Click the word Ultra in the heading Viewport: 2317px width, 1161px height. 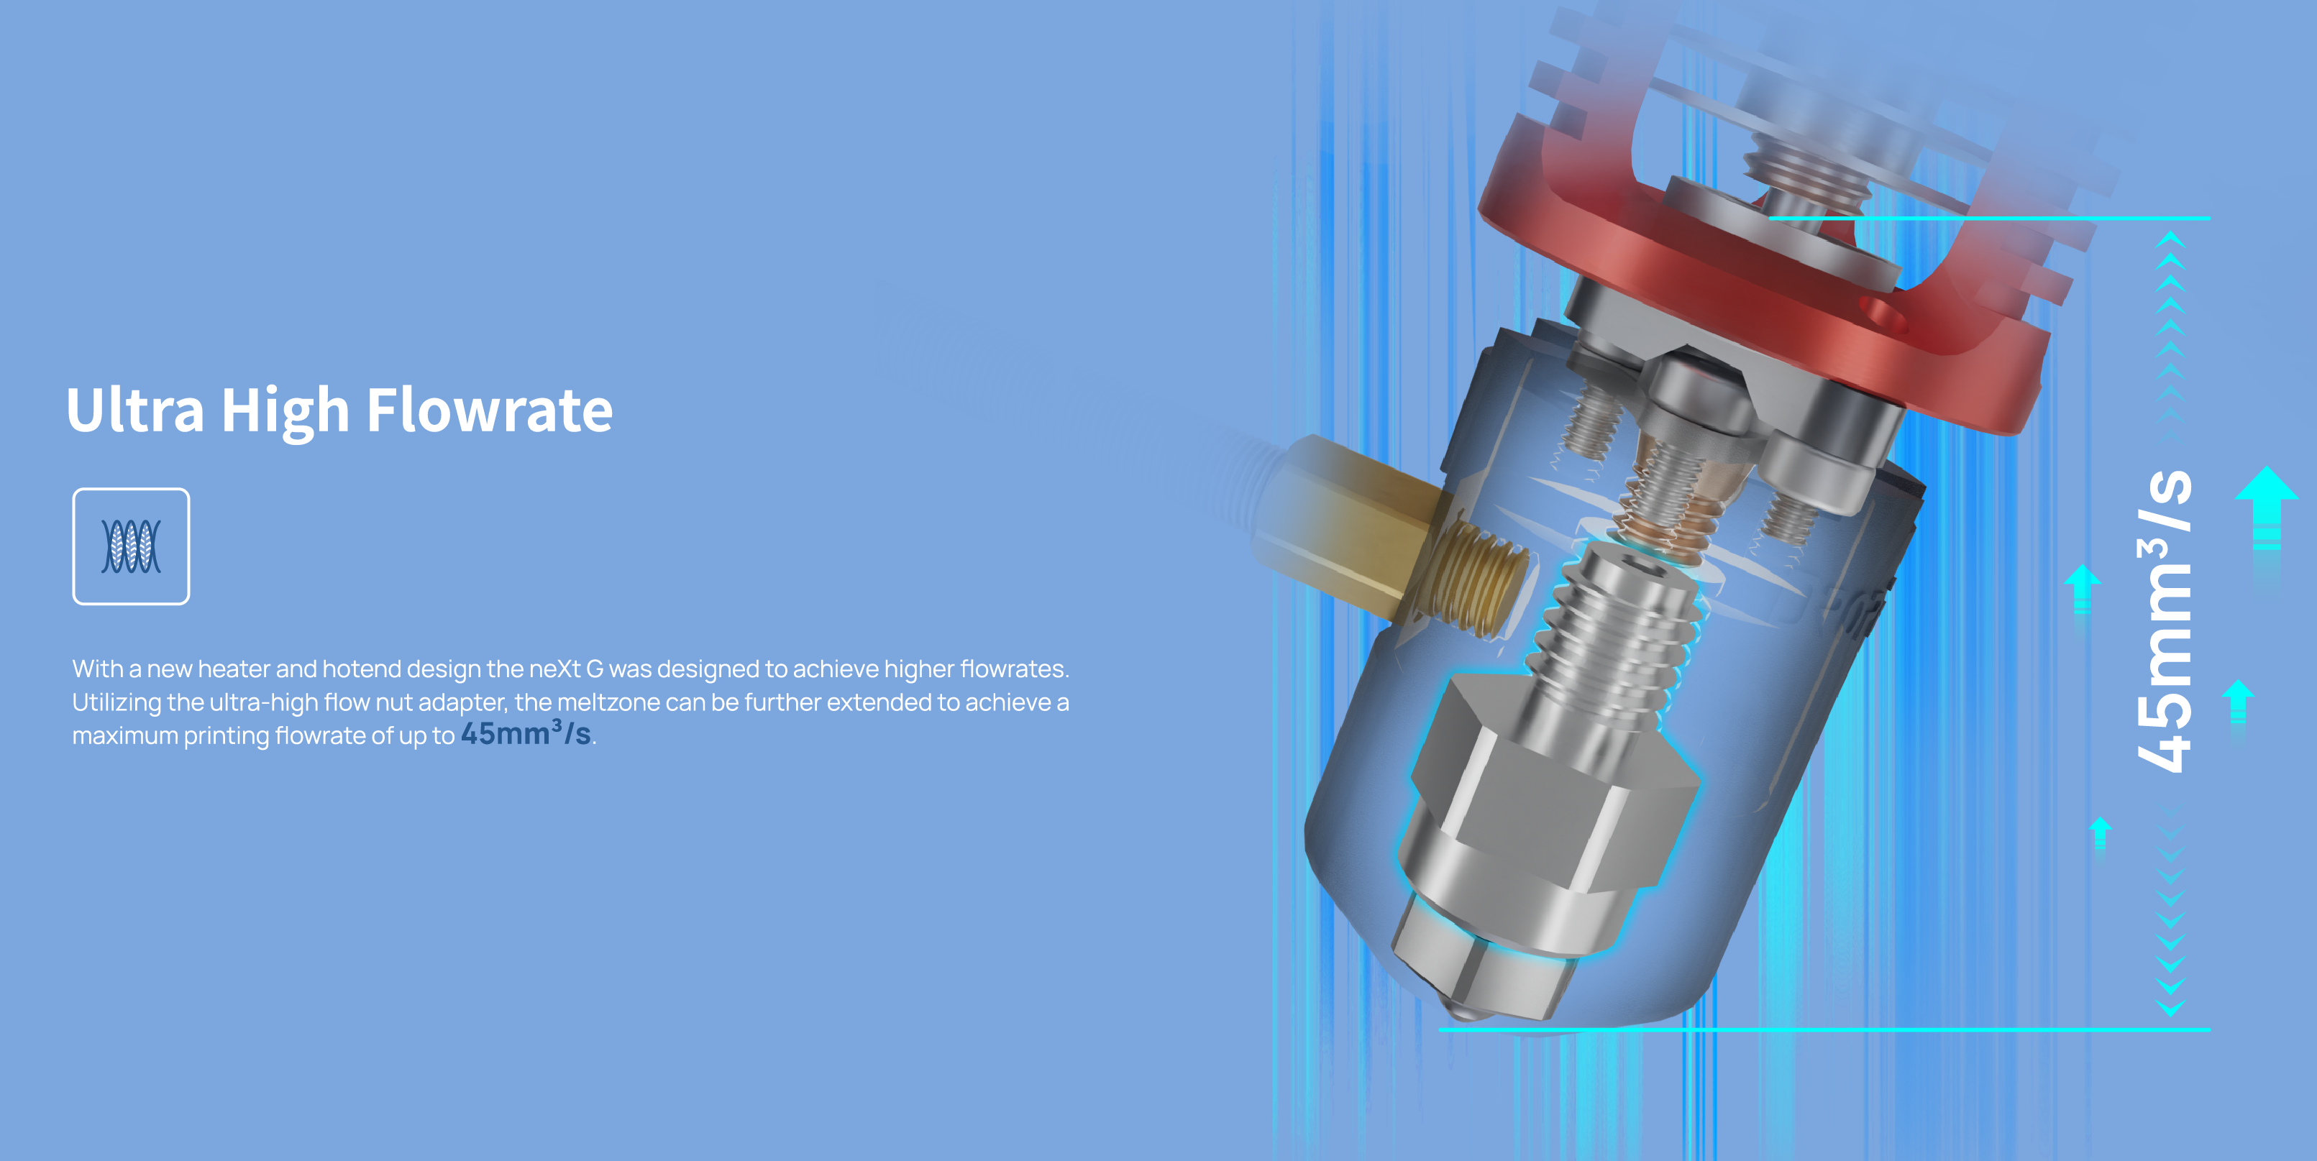[135, 410]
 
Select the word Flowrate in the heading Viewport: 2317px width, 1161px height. [490, 410]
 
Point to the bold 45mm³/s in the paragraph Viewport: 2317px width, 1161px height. [526, 733]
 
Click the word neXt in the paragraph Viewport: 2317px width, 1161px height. [554, 669]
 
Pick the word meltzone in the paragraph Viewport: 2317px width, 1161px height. [608, 702]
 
